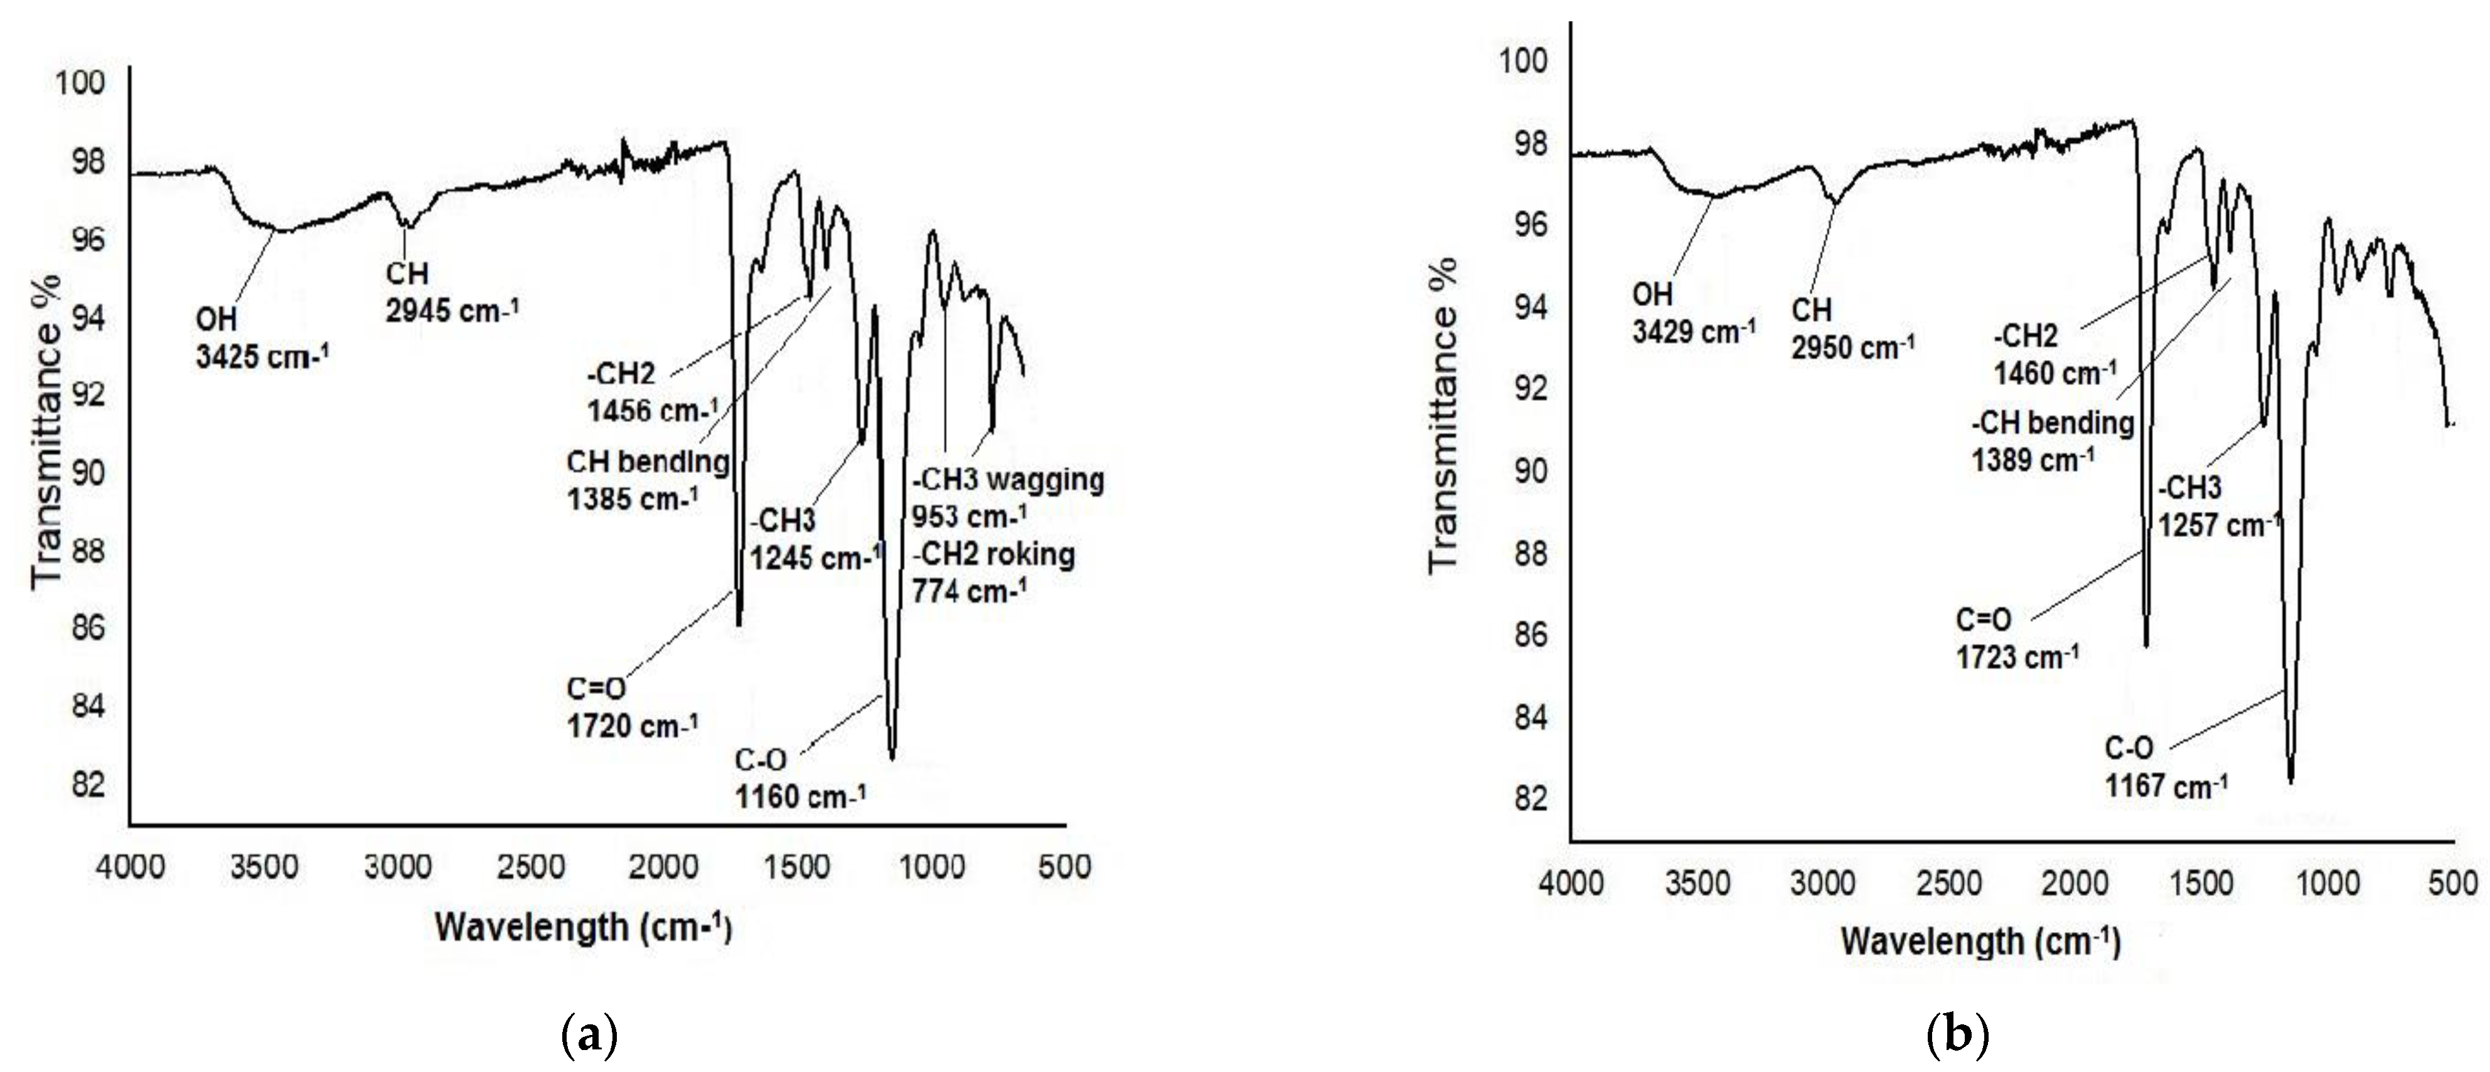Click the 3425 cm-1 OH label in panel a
point(262,357)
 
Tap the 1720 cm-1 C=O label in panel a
point(632,725)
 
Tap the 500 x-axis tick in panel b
point(2453,883)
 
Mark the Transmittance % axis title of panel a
point(46,430)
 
